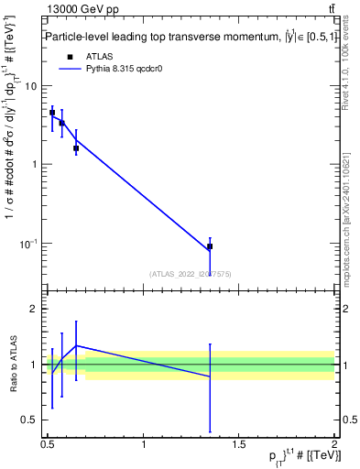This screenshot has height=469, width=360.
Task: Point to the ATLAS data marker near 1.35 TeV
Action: [x=210, y=246]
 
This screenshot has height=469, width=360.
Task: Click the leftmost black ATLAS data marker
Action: [x=52, y=113]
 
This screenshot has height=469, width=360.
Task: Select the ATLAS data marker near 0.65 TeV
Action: [x=76, y=147]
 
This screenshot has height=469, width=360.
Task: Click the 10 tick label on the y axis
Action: [x=31, y=86]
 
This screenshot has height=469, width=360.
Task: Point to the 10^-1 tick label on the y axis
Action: [x=27, y=244]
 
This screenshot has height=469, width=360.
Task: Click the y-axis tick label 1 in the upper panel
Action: [x=34, y=165]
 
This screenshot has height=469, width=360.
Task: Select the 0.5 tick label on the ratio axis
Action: [x=29, y=420]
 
